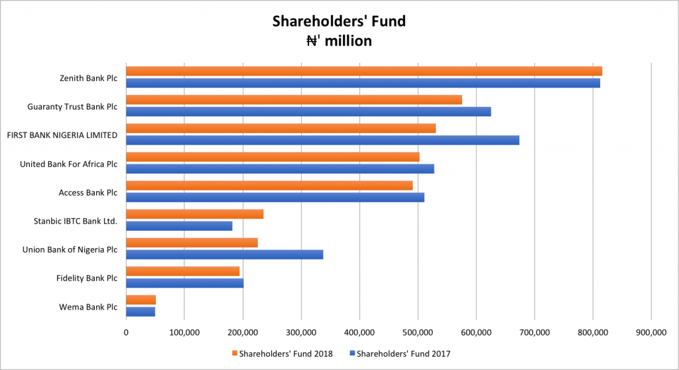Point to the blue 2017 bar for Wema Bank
[x=141, y=312]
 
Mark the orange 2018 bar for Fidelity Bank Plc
[x=182, y=271]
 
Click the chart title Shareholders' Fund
[x=339, y=21]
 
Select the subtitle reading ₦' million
[x=339, y=41]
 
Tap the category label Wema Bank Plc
[x=89, y=307]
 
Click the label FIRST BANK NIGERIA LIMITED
[x=62, y=135]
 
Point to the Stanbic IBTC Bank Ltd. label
[x=76, y=221]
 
